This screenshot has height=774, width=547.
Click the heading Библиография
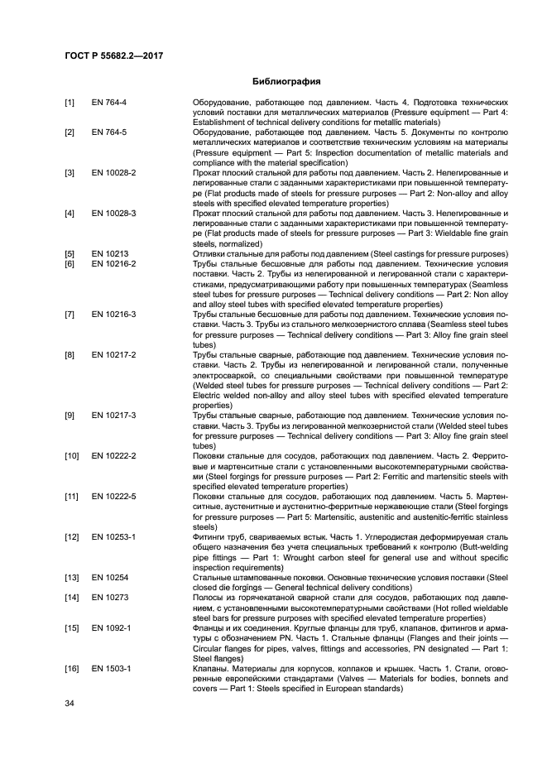point(274,82)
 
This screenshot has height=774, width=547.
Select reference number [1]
point(70,103)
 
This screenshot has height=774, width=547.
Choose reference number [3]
point(70,172)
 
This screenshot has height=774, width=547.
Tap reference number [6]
point(70,263)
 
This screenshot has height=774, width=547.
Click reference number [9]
point(70,415)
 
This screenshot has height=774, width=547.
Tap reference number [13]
point(72,576)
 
